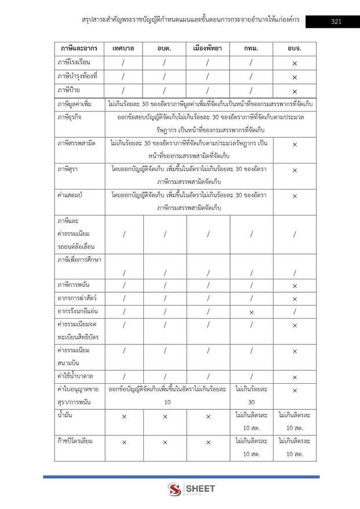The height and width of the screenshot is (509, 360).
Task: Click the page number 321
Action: point(336,22)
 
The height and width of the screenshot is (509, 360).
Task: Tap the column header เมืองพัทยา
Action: point(208,48)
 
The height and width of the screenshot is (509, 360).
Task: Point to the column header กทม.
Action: point(252,48)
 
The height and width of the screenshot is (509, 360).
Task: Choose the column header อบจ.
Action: point(295,48)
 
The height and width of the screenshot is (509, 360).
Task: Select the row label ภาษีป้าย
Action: point(68,90)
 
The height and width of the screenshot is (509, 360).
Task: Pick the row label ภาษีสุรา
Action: point(68,170)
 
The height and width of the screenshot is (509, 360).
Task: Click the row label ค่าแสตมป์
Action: point(70,196)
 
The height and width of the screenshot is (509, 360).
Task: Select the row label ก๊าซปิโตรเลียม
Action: point(76,441)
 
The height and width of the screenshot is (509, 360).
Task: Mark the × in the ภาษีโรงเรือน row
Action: point(295,63)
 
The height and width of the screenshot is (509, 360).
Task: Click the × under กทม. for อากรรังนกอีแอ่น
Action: point(252,312)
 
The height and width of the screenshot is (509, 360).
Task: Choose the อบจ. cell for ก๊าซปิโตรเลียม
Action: point(295,448)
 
